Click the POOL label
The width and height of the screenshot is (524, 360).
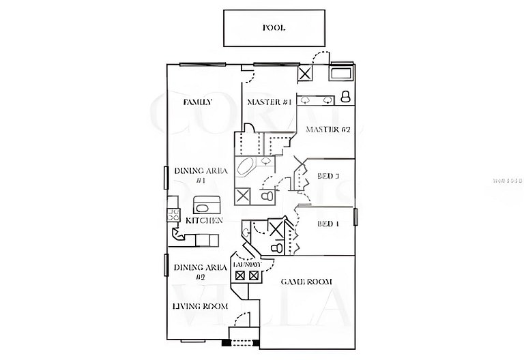(274, 28)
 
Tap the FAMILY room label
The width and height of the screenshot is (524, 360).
(197, 102)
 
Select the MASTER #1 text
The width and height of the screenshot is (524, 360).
(269, 102)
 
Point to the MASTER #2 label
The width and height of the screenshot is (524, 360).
(327, 130)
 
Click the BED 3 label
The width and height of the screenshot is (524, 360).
(328, 177)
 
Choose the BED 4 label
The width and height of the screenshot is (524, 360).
(328, 224)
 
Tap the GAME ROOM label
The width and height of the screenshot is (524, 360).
(306, 281)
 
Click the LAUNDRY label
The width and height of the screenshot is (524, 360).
(247, 264)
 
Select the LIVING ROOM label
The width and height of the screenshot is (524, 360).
(200, 306)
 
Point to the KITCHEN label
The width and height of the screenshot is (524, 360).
(204, 221)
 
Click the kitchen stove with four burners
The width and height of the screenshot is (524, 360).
(169, 216)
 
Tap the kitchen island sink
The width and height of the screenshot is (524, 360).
(207, 205)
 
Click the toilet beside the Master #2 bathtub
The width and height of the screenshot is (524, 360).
(345, 95)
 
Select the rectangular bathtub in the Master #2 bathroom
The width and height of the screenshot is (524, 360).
(340, 72)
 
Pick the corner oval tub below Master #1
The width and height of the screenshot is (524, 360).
(246, 166)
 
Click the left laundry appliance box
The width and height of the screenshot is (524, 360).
(240, 275)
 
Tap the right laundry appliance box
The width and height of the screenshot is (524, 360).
(254, 275)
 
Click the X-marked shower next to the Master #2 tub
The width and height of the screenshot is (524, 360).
(304, 74)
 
